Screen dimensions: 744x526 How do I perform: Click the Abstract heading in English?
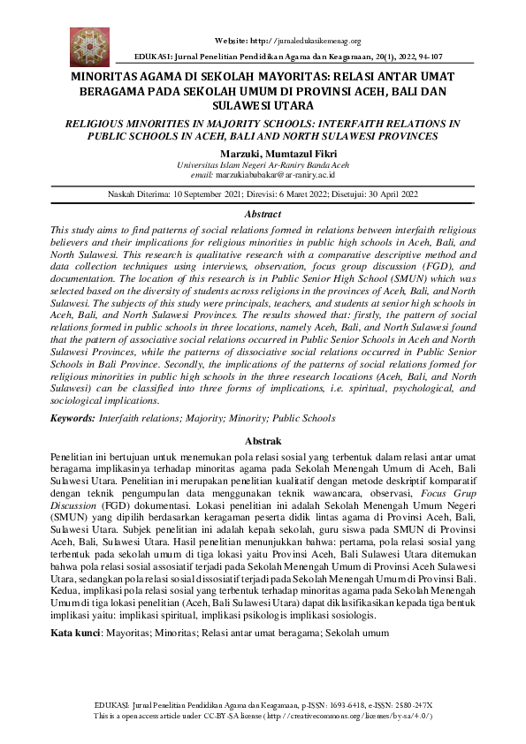tap(263, 214)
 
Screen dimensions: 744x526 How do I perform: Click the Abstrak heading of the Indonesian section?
tap(263, 441)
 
